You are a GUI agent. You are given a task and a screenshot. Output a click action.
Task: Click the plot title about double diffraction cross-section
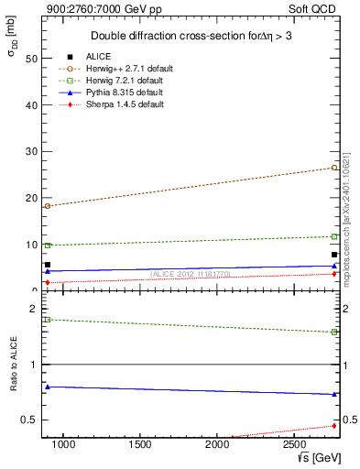[x=191, y=36]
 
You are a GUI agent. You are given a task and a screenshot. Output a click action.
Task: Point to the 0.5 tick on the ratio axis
[x=28, y=420]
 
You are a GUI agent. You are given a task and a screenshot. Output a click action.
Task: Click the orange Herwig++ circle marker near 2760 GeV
[x=335, y=168]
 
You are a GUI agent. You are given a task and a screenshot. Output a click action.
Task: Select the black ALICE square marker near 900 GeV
[x=48, y=265]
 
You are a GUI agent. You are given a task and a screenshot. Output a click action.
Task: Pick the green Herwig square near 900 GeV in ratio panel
[x=48, y=320]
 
